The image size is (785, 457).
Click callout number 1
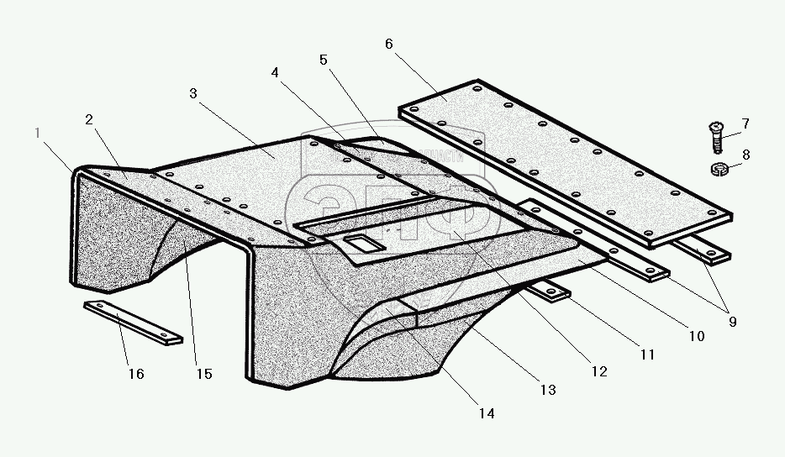point(37,133)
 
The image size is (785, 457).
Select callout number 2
point(88,119)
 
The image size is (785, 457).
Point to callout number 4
point(275,73)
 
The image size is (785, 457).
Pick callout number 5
point(324,60)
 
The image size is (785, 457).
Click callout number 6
point(389,44)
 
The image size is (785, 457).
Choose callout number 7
point(745,124)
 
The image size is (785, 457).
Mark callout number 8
point(745,154)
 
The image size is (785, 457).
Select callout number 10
point(696,336)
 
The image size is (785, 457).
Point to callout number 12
point(598,370)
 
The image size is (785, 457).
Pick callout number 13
point(547,389)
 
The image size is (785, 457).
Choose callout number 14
point(487,412)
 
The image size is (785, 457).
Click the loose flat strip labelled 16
point(133,322)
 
